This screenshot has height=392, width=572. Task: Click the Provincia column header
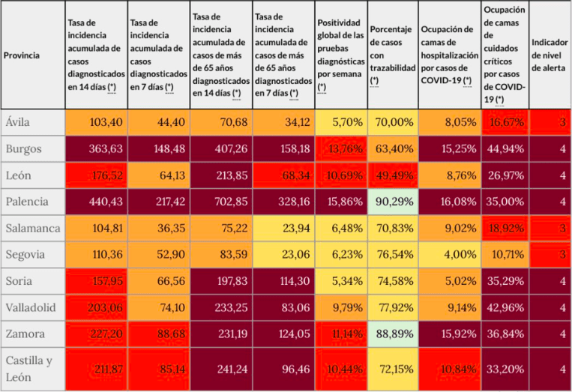click(22, 55)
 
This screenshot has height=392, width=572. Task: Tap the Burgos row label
click(23, 148)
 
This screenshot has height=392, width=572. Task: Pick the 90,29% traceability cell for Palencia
click(392, 202)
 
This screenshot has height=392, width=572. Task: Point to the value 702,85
click(220, 202)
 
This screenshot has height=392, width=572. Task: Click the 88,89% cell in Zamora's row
click(392, 334)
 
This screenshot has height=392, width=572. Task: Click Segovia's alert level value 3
click(562, 255)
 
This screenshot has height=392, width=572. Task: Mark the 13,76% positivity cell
click(341, 148)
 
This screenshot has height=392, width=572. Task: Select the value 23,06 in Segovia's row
click(283, 255)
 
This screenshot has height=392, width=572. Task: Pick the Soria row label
click(19, 281)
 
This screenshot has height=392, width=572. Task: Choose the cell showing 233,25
click(220, 307)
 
